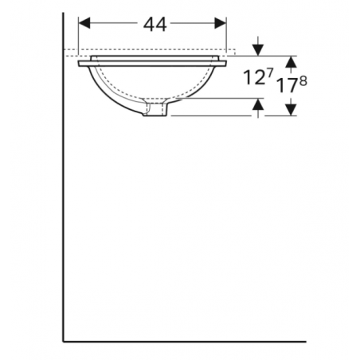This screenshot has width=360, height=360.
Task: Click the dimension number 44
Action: click(155, 25)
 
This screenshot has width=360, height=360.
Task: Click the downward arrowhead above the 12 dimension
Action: click(257, 50)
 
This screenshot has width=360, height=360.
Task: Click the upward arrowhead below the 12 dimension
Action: click(257, 105)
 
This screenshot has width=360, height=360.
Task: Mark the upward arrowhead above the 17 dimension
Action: click(292, 61)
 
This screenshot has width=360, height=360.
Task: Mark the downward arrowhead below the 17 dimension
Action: click(292, 110)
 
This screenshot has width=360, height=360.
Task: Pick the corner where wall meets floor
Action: click(64, 340)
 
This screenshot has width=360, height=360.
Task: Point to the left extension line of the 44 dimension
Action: click(78, 36)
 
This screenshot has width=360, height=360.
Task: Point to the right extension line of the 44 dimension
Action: click(228, 36)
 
